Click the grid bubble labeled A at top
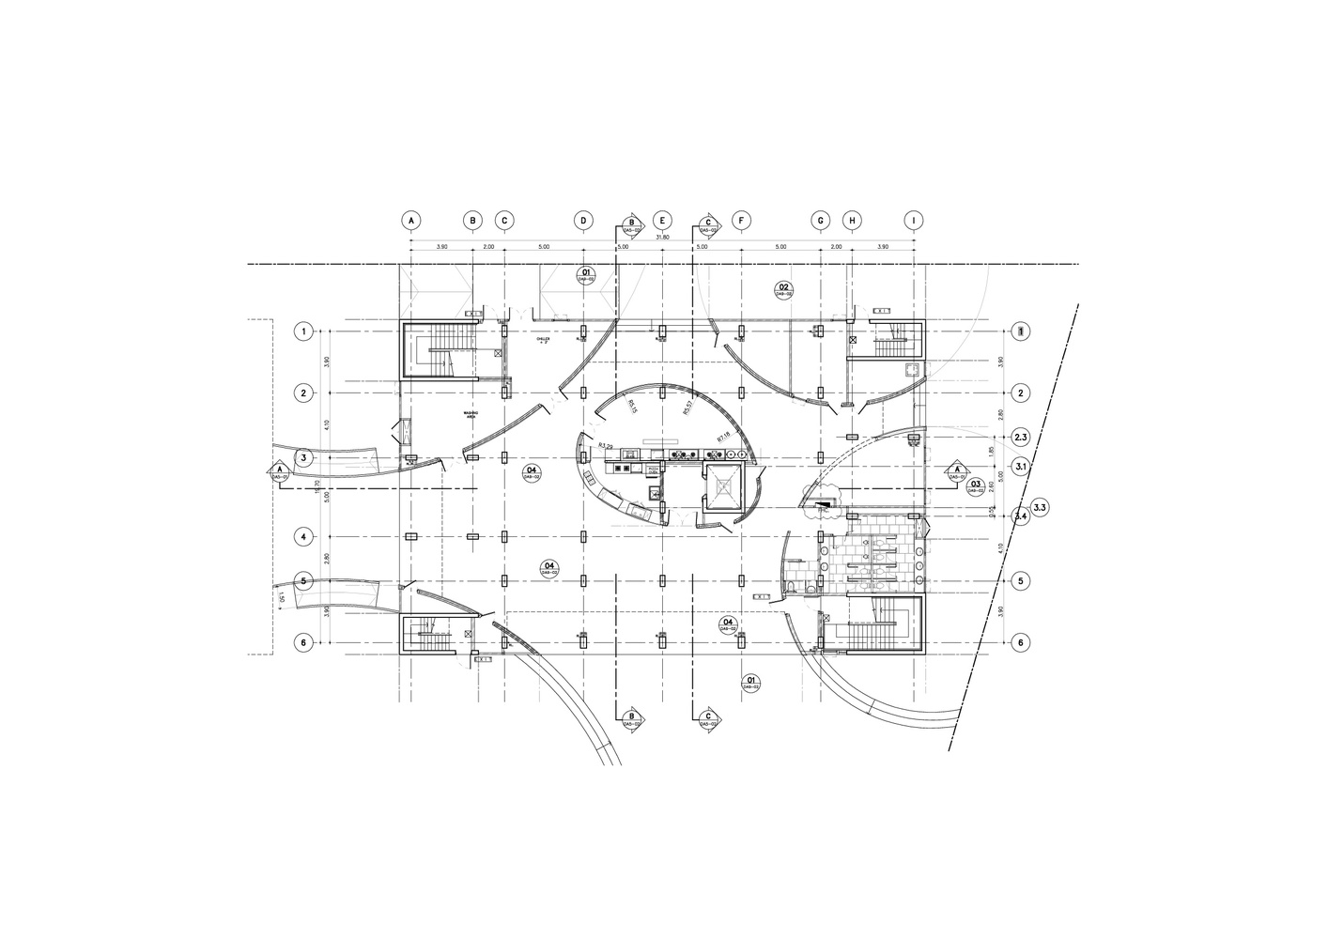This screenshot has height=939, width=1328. pyautogui.click(x=410, y=221)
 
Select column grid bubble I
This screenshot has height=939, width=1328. pyautogui.click(x=914, y=221)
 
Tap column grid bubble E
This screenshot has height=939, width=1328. pyautogui.click(x=662, y=221)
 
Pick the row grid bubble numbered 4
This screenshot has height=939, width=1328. pyautogui.click(x=303, y=537)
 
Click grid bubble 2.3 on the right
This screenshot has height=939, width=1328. pyautogui.click(x=1022, y=438)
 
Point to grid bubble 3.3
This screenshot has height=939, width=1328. pyautogui.click(x=1040, y=508)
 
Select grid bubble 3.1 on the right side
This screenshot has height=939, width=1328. pyautogui.click(x=1022, y=466)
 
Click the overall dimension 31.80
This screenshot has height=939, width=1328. pyautogui.click(x=662, y=238)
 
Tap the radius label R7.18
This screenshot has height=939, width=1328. pyautogui.click(x=723, y=438)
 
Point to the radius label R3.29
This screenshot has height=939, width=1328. pyautogui.click(x=606, y=446)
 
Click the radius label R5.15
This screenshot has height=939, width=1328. pyautogui.click(x=632, y=406)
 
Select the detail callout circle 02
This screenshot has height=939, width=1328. pyautogui.click(x=782, y=288)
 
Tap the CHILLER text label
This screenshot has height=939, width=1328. pyautogui.click(x=543, y=339)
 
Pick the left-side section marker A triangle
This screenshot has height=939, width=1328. pyautogui.click(x=279, y=470)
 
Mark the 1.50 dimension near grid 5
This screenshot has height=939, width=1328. pyautogui.click(x=281, y=597)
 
